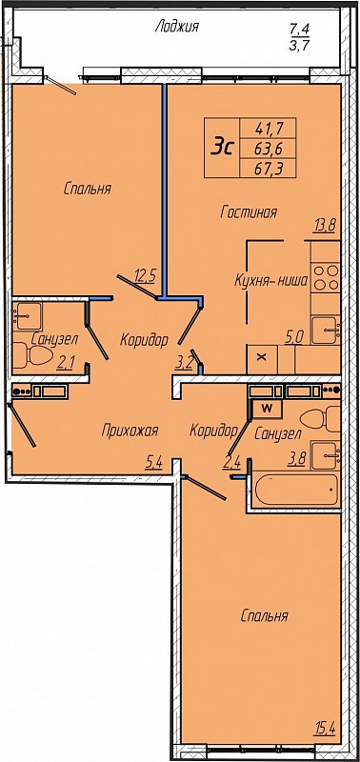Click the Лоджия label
point(176,28)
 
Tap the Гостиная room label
point(249,212)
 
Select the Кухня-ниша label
point(271,281)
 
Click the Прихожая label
point(130,431)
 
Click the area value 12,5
point(144,277)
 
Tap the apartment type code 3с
point(223,146)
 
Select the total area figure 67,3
point(269,168)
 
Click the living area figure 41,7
point(269,129)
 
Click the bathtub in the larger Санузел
point(296,490)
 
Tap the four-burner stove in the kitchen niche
point(326,278)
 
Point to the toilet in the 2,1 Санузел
point(31,355)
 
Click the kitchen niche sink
point(326,331)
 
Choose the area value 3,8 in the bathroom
point(296,459)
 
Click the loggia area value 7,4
point(300,30)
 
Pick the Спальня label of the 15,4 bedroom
point(265,616)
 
